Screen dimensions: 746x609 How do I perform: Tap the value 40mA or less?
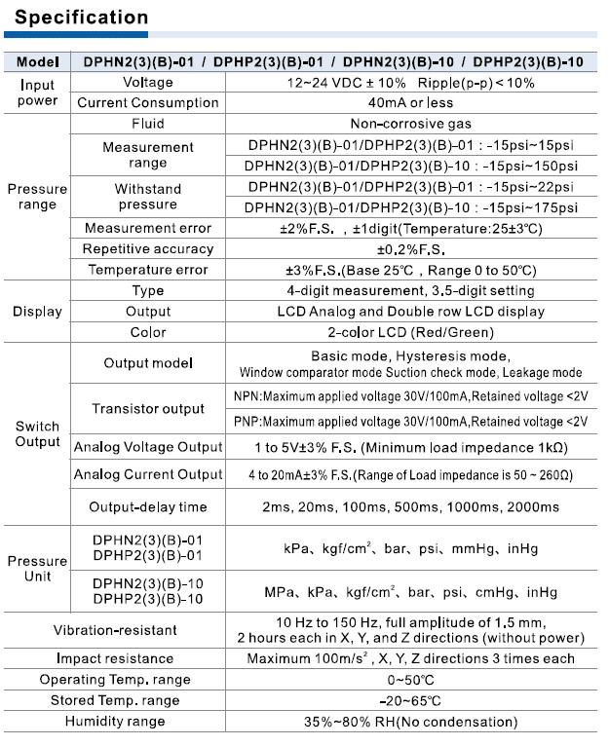[410, 103]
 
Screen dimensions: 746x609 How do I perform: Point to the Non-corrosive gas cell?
[410, 124]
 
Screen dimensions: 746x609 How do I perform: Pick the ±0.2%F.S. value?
[410, 248]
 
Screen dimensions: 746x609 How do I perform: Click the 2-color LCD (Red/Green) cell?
[410, 332]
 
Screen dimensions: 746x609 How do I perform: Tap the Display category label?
[37, 312]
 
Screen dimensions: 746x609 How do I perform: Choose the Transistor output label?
[148, 409]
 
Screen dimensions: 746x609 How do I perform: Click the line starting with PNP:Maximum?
[410, 422]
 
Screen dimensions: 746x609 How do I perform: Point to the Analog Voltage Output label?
[148, 448]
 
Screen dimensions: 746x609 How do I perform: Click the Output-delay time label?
[148, 507]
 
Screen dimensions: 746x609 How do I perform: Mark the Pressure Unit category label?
[37, 569]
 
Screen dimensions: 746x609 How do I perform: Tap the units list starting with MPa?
[410, 591]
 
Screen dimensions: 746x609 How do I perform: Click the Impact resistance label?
[115, 658]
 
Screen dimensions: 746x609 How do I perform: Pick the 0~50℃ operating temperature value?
[410, 680]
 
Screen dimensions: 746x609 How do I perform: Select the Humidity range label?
[115, 722]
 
